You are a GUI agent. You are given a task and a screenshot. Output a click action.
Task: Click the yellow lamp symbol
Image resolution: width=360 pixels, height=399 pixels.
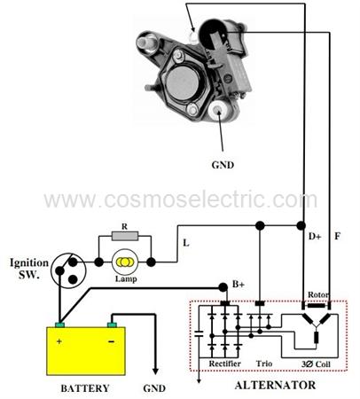[x=125, y=262]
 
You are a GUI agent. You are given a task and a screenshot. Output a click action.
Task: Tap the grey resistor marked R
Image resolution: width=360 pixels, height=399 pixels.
[x=125, y=236]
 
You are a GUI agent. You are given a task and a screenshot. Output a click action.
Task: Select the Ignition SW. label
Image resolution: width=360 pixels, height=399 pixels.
[x=29, y=269]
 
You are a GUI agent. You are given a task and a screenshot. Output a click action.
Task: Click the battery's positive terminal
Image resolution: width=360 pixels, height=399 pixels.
[x=59, y=325]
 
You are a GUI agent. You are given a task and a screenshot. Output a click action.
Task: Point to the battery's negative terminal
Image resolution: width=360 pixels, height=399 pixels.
[x=112, y=325]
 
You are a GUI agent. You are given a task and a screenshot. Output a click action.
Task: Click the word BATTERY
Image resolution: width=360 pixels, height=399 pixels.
[x=85, y=388]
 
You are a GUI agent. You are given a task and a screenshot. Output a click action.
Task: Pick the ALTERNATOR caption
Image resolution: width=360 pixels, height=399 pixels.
[x=275, y=385]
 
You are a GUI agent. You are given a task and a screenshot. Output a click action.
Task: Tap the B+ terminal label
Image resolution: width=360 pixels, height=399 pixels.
[x=239, y=285]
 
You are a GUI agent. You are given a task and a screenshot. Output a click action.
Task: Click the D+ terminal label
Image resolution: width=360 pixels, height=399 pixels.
[x=315, y=236]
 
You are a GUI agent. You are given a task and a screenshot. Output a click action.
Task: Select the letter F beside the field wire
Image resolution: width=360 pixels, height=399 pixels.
[x=337, y=236]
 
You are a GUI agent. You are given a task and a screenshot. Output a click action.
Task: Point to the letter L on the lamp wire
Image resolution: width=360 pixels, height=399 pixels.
[x=186, y=243]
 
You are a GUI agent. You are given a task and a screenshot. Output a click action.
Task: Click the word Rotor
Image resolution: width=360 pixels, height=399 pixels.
[x=318, y=294]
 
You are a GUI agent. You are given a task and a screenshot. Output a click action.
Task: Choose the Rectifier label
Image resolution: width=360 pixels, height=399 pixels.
[x=225, y=364]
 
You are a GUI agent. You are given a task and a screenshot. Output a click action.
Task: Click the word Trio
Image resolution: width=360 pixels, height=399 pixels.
[x=264, y=364]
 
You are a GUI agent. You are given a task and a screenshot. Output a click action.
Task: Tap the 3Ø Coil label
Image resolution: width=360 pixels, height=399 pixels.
[x=316, y=364]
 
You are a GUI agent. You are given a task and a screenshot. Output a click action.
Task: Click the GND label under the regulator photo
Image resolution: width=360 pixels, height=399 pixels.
[x=223, y=165]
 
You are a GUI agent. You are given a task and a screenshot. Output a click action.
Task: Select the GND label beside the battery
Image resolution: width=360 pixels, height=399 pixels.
[x=154, y=388]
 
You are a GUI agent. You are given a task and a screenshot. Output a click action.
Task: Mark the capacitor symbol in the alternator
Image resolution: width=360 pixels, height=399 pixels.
[x=200, y=334]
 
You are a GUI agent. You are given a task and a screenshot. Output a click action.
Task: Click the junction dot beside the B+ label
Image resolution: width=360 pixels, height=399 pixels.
[x=223, y=287]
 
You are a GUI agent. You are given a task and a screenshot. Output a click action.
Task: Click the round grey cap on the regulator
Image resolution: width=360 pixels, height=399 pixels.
[x=182, y=82]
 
